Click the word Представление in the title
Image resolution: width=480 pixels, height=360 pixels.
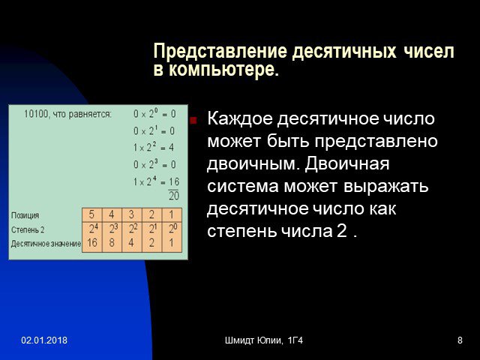pyautogui.click(x=220, y=51)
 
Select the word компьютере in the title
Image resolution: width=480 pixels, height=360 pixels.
pyautogui.click(x=223, y=70)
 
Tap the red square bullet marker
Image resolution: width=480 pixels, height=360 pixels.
pyautogui.click(x=193, y=120)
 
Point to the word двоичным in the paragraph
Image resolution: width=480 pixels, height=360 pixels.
pyautogui.click(x=252, y=164)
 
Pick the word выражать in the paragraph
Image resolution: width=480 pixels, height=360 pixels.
pyautogui.click(x=385, y=187)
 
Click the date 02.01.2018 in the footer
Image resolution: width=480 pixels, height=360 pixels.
pyautogui.click(x=44, y=340)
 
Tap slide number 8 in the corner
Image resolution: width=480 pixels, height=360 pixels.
pyautogui.click(x=460, y=340)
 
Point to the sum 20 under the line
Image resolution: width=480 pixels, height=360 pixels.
pyautogui.click(x=174, y=196)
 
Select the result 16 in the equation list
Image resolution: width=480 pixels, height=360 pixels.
pyautogui.click(x=174, y=181)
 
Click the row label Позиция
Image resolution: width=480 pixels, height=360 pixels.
pyautogui.click(x=25, y=215)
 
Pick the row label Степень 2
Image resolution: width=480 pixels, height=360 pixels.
pyautogui.click(x=28, y=229)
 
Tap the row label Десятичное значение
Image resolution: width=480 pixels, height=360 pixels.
pyautogui.click(x=46, y=244)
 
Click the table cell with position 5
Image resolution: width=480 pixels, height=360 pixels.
pyautogui.click(x=91, y=215)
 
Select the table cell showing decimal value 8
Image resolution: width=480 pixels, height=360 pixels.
pyautogui.click(x=112, y=243)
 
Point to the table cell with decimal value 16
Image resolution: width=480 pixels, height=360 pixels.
pyautogui.click(x=91, y=243)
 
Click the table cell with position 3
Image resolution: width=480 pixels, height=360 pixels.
pyautogui.click(x=132, y=215)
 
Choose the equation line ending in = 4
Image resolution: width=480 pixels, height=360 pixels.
pyautogui.click(x=154, y=148)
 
